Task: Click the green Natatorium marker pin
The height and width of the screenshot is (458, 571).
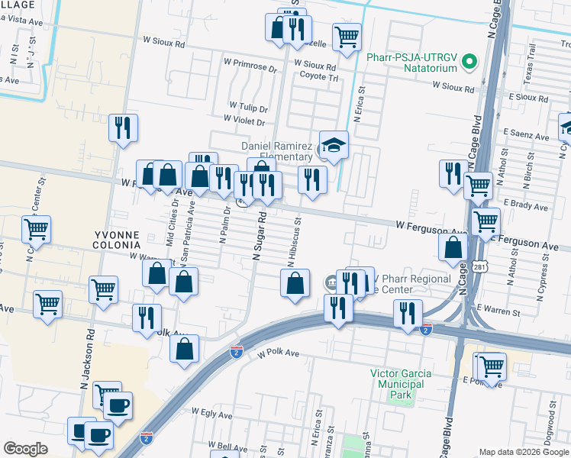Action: point(470,60)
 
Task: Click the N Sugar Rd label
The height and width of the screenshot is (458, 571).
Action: point(261,239)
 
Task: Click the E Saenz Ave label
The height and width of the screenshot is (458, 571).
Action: point(526,137)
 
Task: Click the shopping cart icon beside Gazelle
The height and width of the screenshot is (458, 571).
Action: point(347,35)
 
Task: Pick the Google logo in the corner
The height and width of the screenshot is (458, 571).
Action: point(24,449)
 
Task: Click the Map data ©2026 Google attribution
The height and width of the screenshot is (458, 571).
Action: point(523,452)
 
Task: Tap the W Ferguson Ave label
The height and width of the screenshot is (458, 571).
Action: point(431,225)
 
